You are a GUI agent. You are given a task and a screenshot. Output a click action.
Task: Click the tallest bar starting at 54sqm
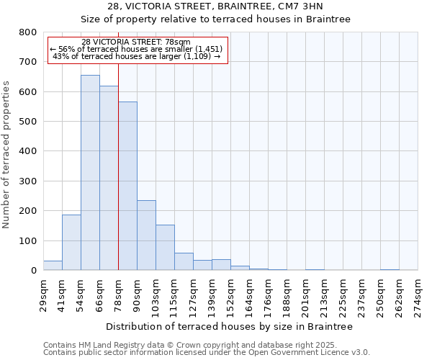click(x=90, y=173)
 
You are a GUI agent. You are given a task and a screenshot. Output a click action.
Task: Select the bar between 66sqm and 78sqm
click(x=109, y=178)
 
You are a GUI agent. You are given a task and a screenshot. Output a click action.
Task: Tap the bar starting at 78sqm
click(x=127, y=186)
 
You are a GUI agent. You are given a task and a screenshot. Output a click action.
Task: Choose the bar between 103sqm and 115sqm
click(x=165, y=248)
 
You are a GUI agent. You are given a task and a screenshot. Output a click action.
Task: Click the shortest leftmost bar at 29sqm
click(x=53, y=266)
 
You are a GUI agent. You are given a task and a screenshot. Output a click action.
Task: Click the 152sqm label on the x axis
click(x=231, y=294)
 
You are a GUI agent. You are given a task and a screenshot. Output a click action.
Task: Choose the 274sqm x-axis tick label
click(x=418, y=294)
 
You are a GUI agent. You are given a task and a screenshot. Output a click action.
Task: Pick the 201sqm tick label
click(x=306, y=294)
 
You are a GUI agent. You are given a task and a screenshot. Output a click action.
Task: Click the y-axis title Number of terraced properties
click(x=6, y=154)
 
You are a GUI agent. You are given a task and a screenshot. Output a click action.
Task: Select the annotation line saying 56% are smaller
click(x=136, y=49)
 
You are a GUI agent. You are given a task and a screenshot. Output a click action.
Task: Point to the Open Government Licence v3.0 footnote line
click(x=206, y=352)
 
